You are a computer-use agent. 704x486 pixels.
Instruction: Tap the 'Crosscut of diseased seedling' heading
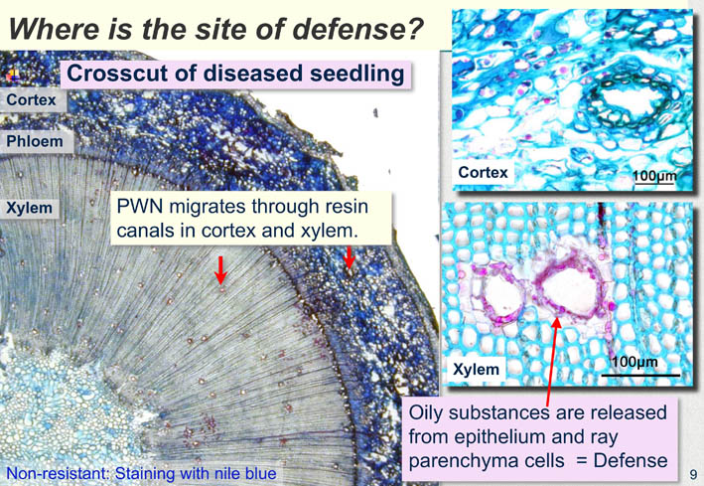coord(235,74)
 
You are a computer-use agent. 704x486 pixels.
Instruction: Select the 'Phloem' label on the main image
coord(35,141)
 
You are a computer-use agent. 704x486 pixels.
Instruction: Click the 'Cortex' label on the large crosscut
coord(31,99)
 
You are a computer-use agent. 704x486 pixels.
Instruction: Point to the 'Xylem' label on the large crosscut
coord(29,208)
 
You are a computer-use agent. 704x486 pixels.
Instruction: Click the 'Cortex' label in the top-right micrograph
coord(483,172)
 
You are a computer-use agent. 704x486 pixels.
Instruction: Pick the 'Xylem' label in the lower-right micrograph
coord(476,369)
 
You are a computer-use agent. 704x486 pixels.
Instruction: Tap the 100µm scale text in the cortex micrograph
coord(654,176)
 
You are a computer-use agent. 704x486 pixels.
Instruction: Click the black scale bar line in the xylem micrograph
coord(640,375)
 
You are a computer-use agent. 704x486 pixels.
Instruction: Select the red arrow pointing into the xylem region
coord(220,269)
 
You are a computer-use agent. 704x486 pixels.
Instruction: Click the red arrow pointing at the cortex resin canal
coord(349,257)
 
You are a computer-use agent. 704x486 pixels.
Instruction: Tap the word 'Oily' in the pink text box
coord(426,413)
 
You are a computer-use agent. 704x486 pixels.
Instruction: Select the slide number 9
coord(693,474)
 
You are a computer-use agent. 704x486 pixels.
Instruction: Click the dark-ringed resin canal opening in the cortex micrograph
coord(626,99)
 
